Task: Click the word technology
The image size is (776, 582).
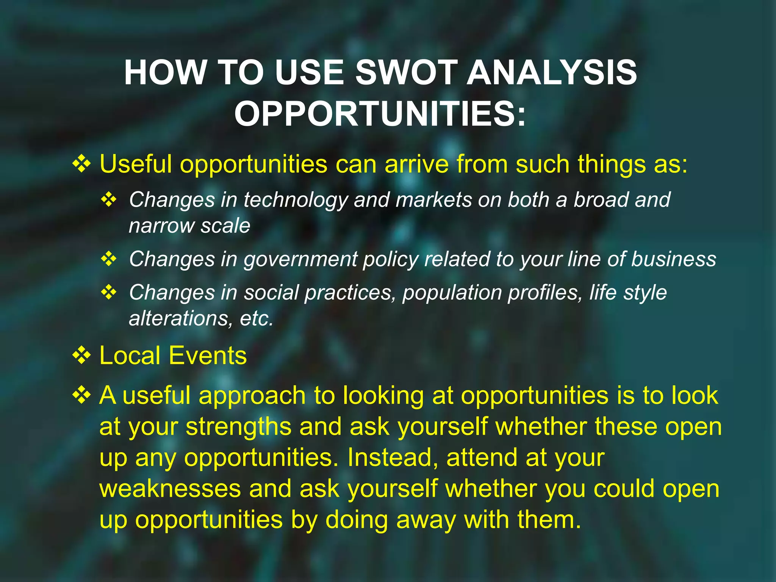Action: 296,200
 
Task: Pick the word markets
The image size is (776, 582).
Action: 434,200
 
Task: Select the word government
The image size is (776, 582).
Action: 300,260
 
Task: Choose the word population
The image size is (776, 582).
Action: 452,293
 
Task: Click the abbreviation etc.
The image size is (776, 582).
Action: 257,319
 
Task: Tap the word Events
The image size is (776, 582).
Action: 208,355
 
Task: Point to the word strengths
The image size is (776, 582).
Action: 238,427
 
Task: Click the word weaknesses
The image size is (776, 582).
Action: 170,488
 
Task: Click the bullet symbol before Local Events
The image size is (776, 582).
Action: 81,355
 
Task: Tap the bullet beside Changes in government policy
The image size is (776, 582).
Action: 109,259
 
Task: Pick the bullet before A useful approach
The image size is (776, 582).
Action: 81,395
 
